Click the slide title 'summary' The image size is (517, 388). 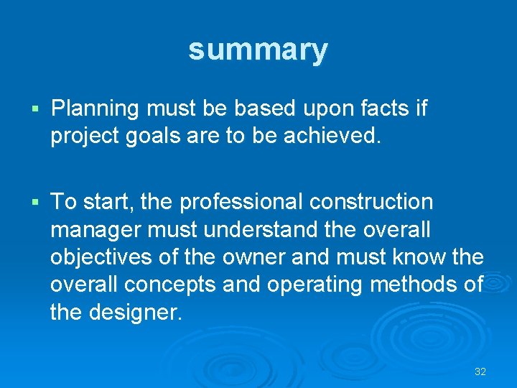click(258, 50)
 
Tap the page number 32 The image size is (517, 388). click(480, 371)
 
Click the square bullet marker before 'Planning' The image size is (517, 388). click(36, 110)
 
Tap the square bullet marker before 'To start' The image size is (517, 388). click(36, 203)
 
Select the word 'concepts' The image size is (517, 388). click(170, 285)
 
